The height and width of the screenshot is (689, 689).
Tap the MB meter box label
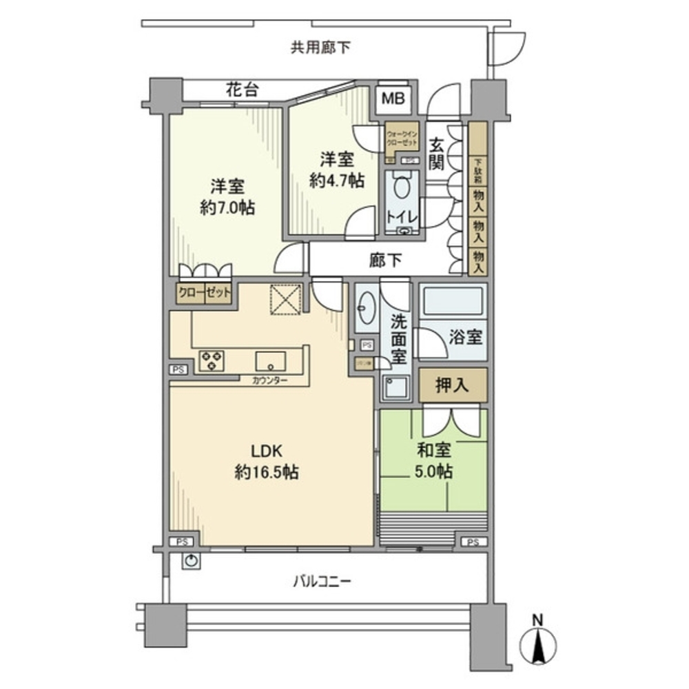393,98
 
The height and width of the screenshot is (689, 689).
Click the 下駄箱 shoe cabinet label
478,172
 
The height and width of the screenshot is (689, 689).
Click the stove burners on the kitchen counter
212,360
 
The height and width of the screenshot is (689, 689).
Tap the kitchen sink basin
271,360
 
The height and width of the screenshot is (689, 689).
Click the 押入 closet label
453,386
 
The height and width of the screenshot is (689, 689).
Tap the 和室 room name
434,451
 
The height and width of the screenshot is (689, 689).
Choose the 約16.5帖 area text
266,473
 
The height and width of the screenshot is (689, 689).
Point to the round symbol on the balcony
192,561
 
